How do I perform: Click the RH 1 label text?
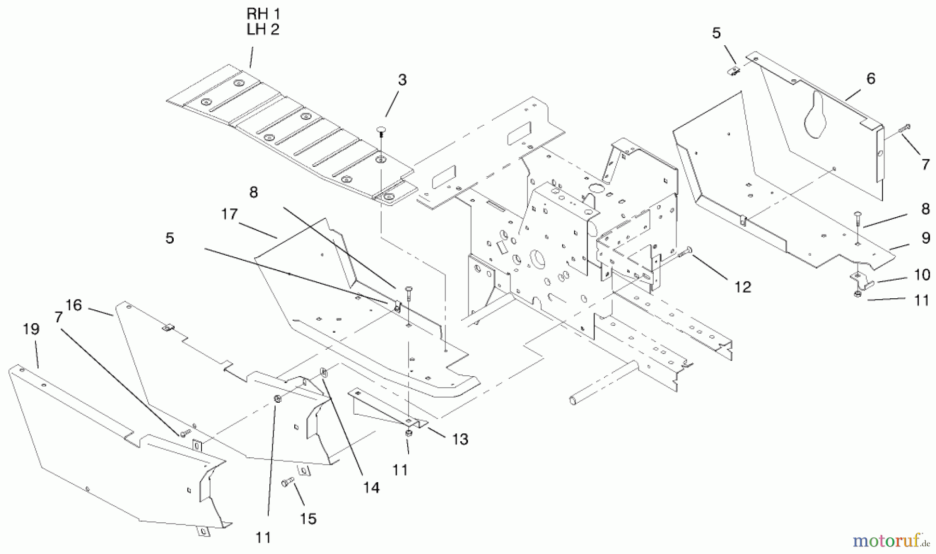click(263, 14)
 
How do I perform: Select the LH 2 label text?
click(263, 30)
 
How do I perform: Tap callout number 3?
click(402, 80)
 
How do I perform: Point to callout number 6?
click(870, 78)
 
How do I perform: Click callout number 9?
click(926, 238)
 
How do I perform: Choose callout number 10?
click(922, 274)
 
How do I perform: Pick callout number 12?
click(743, 287)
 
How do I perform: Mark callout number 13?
click(460, 439)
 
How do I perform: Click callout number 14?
click(371, 487)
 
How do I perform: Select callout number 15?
click(308, 519)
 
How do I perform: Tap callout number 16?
click(74, 305)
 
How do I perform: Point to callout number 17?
click(229, 214)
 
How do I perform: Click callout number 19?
click(31, 329)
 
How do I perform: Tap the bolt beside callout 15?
click(288, 483)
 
